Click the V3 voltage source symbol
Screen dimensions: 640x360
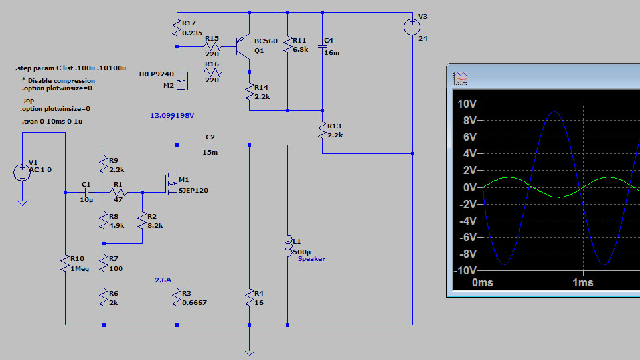[x=412, y=27]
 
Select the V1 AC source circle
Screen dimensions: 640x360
[x=22, y=172]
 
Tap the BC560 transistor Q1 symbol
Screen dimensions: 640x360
[x=243, y=46]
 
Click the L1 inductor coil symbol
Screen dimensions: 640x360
[x=289, y=246]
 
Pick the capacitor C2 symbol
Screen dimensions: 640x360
[x=210, y=145]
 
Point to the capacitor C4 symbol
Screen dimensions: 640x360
[x=322, y=46]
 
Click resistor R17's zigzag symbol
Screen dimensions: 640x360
[x=177, y=28]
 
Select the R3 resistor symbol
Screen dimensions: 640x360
[x=177, y=298]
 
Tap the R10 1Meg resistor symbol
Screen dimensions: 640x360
[x=65, y=264]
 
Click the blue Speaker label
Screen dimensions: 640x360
[x=311, y=259]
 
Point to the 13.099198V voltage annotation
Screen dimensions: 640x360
[x=172, y=116]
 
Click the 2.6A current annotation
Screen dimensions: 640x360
[x=163, y=280]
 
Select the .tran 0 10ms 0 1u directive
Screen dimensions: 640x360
[x=52, y=122]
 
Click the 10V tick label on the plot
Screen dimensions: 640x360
[x=467, y=104]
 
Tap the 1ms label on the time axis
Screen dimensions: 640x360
[x=582, y=282]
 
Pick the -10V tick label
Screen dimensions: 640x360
[x=465, y=270]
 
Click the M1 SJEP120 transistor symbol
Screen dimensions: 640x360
[x=172, y=185]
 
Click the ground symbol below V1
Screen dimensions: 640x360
[x=22, y=203]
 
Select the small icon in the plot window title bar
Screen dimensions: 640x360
[x=460, y=78]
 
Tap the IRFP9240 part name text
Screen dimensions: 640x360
[x=156, y=74]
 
